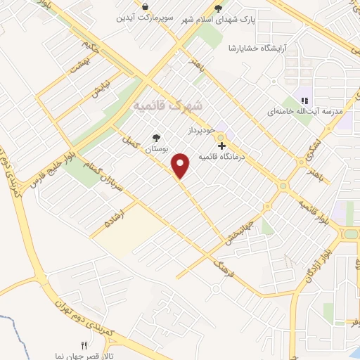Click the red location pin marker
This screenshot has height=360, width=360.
click(181, 165)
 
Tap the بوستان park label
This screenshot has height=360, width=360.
click(156, 150)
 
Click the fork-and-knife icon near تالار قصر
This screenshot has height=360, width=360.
click(84, 345)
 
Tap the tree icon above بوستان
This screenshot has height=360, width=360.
click(156, 138)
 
